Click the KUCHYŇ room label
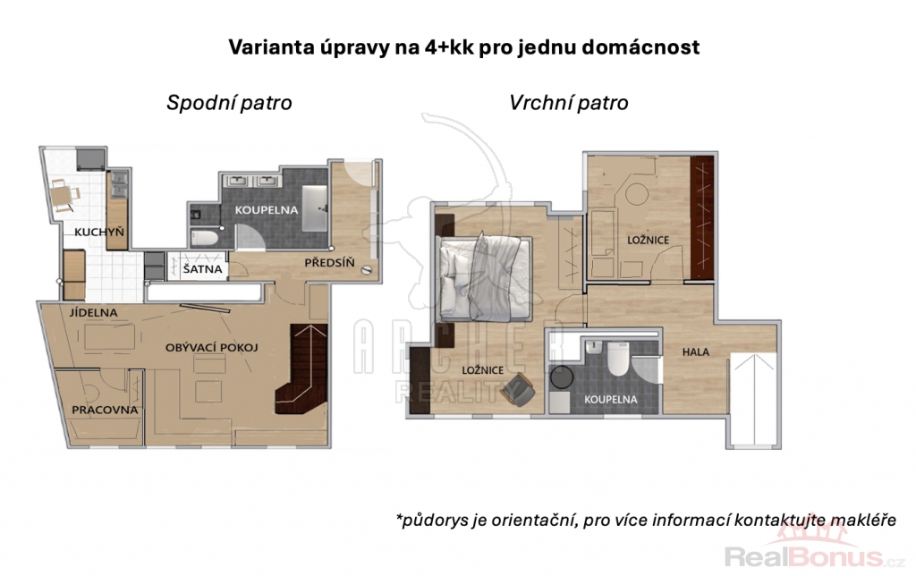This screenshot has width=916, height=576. [99, 232]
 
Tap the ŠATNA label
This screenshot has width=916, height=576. [202, 269]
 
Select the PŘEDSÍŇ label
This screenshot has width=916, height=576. [329, 263]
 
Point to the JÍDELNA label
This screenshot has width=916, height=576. [93, 312]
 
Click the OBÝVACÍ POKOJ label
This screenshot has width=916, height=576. [211, 348]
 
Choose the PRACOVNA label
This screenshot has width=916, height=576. [106, 411]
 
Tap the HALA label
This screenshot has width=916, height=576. [696, 352]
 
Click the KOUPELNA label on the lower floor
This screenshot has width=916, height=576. [267, 209]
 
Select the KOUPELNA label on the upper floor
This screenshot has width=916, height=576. [610, 400]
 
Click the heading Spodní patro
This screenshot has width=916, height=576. [229, 103]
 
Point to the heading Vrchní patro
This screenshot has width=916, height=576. [568, 103]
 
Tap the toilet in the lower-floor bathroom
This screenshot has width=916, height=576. [204, 238]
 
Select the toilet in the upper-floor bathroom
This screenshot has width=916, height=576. [617, 359]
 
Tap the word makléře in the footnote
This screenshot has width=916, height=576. [863, 520]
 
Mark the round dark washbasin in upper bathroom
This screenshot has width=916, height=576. [561, 378]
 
